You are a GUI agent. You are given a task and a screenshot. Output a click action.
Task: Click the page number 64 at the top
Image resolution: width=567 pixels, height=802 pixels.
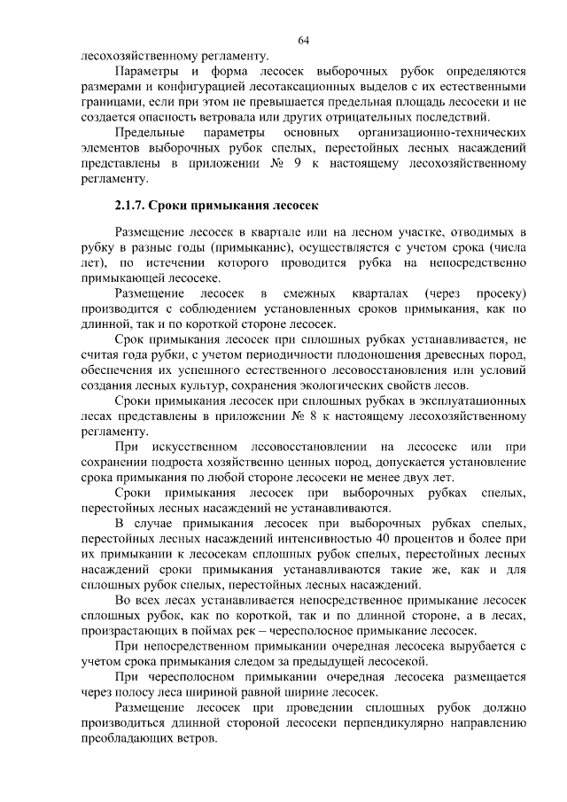(x=304, y=40)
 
